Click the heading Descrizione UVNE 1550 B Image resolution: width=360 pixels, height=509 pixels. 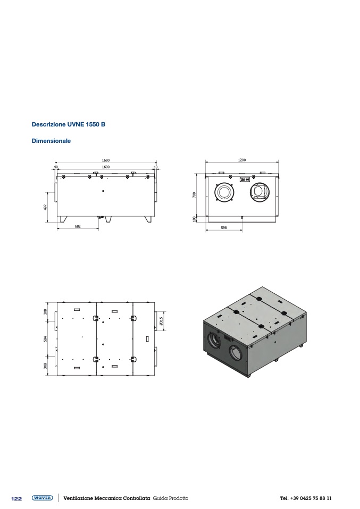click(x=68, y=124)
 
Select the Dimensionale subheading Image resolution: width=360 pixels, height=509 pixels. click(x=51, y=141)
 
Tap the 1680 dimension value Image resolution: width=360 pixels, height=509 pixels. click(x=106, y=160)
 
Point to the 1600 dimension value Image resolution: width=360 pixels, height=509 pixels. click(x=106, y=167)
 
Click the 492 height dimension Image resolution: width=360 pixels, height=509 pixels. click(x=46, y=207)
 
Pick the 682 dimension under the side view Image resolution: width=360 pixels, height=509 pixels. click(x=78, y=226)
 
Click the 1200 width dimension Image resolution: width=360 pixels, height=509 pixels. click(x=242, y=160)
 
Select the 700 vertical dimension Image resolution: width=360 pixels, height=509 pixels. click(x=194, y=195)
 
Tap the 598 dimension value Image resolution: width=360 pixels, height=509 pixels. click(x=223, y=227)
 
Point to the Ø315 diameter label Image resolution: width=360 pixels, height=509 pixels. click(x=162, y=321)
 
